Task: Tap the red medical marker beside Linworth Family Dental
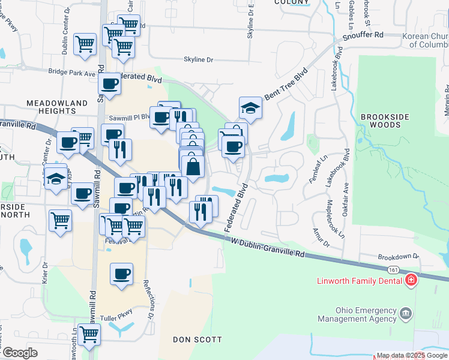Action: point(411,280)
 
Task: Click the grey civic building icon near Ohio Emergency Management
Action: point(406,313)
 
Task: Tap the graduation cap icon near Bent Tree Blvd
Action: point(250,108)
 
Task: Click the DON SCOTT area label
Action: point(197,340)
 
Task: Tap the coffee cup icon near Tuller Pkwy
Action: point(122,274)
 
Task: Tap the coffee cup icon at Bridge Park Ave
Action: point(110,85)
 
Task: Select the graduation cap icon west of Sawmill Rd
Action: point(56,179)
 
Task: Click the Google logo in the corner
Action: point(20,353)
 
